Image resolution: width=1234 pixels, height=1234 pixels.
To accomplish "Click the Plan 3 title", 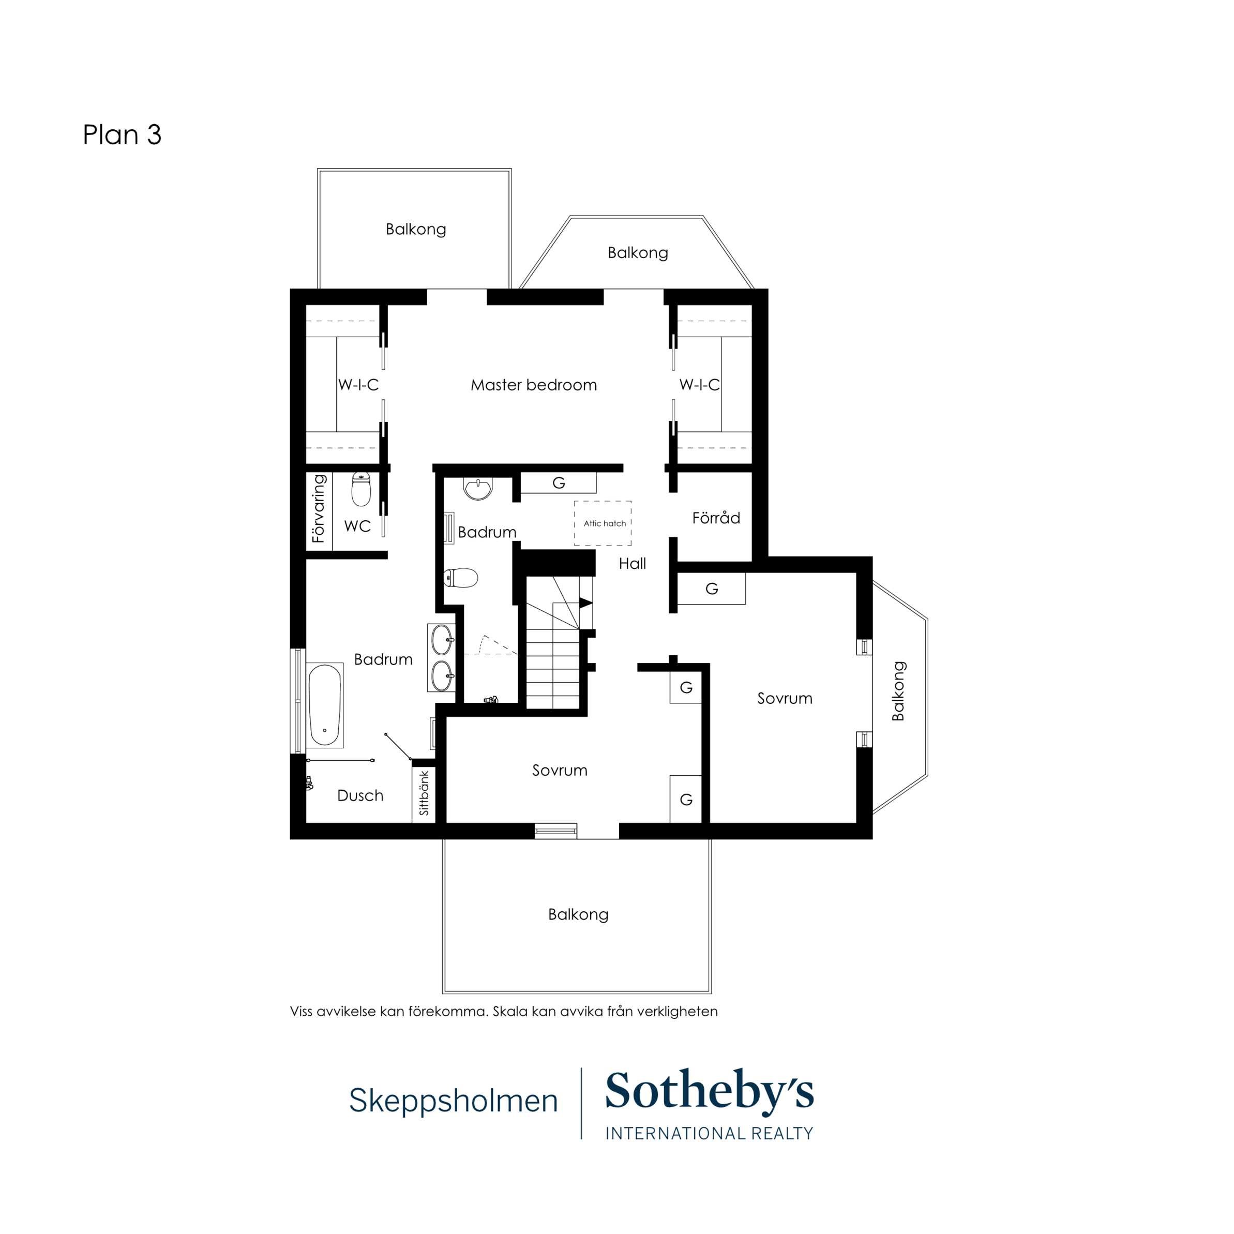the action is tap(122, 135).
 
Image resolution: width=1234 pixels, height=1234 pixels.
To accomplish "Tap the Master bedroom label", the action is tap(533, 385).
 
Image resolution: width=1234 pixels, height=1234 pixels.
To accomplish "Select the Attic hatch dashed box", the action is tap(603, 523).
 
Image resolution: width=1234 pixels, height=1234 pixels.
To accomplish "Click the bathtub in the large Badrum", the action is tap(325, 705).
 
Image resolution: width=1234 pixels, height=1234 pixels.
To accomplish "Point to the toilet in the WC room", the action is tap(361, 489).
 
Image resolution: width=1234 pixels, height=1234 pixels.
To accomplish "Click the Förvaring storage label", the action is tap(318, 508).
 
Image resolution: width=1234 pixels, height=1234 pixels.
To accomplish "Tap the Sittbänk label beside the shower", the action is tap(424, 793).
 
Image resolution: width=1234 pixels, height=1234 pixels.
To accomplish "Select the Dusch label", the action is tap(360, 796).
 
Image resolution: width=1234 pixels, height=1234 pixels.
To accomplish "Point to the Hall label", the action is tap(633, 563).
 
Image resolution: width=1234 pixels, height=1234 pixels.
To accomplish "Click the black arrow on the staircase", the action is tap(585, 603).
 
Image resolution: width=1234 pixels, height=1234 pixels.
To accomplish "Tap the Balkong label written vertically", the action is tap(898, 691).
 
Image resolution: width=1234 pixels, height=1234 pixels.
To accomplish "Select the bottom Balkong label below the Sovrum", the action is tap(578, 915).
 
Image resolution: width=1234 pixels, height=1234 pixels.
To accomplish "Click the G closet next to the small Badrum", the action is tap(558, 483).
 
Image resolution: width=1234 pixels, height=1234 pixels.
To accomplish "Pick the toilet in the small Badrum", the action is tap(460, 578).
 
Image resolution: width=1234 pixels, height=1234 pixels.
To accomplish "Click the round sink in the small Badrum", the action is tap(478, 489).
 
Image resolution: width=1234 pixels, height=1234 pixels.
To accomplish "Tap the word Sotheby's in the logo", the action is tap(709, 1093).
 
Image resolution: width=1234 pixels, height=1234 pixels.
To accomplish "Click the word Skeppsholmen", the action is tap(454, 1101).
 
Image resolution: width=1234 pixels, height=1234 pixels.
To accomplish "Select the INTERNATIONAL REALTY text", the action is tap(709, 1134).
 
